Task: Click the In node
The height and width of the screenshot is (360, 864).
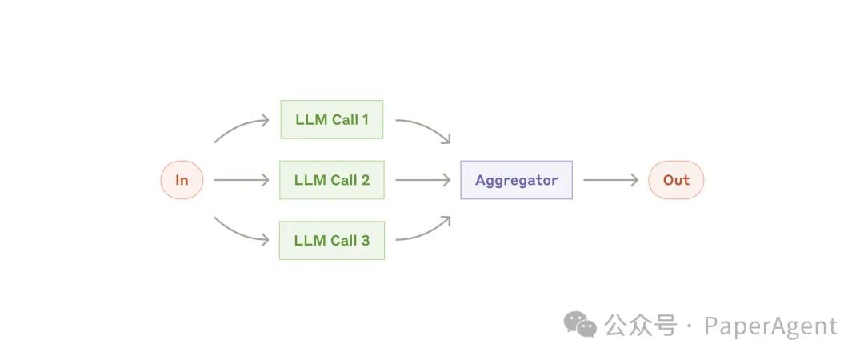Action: pos(182,180)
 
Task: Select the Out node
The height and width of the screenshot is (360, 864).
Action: pos(676,180)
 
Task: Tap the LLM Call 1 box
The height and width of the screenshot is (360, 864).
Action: pos(332,120)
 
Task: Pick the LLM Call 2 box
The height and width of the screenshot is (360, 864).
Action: pos(332,180)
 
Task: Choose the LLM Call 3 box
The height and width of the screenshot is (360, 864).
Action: pos(332,240)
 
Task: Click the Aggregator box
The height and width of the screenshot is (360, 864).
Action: pos(516,180)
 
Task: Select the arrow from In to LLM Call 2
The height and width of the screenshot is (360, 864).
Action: pos(242,180)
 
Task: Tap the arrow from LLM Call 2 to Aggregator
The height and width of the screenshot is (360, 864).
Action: pos(423,180)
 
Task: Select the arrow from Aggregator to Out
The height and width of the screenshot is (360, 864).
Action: pos(610,180)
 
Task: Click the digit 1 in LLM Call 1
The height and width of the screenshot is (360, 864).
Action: pos(365,120)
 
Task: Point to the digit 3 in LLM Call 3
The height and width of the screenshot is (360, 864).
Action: pos(366,240)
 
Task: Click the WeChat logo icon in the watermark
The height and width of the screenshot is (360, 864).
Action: pos(580,324)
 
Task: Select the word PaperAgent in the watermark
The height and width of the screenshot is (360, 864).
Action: pos(771,326)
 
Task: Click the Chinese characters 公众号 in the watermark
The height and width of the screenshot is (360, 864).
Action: pos(640,326)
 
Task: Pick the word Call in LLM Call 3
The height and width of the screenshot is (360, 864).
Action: pos(342,240)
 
